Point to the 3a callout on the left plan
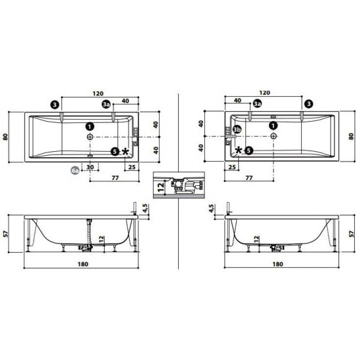pyautogui.click(x=106, y=104)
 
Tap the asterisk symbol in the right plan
pyautogui.click(x=238, y=151)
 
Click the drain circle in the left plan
pyautogui.click(x=90, y=137)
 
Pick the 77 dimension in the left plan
pyautogui.click(x=115, y=177)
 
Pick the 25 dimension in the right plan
pyautogui.click(x=232, y=167)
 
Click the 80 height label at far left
pyautogui.click(x=7, y=137)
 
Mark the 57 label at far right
pyautogui.click(x=352, y=233)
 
